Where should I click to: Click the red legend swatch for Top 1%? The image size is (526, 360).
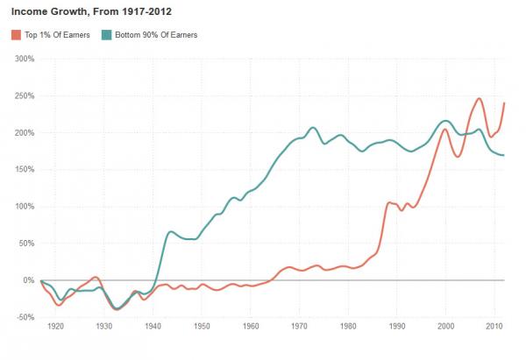(16, 34)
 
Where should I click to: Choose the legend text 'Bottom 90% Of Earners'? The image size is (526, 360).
(153, 34)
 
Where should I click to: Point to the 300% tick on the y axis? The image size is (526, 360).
(24, 60)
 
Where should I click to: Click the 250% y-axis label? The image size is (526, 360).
(24, 96)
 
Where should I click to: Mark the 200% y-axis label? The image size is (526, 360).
(24, 133)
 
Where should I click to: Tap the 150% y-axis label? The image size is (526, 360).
(24, 170)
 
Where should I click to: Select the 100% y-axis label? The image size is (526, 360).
(24, 207)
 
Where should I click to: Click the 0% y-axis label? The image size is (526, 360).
(28, 280)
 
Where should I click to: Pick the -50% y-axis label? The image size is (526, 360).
(24, 317)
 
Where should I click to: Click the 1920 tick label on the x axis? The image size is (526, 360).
(56, 326)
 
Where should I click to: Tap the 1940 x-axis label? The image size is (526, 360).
(153, 326)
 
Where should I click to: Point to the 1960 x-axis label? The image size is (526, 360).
(251, 326)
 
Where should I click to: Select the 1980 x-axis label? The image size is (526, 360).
(347, 326)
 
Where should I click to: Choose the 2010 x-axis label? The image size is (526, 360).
(494, 326)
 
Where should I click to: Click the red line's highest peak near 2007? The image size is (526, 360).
(479, 99)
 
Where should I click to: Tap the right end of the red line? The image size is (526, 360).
(504, 103)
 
